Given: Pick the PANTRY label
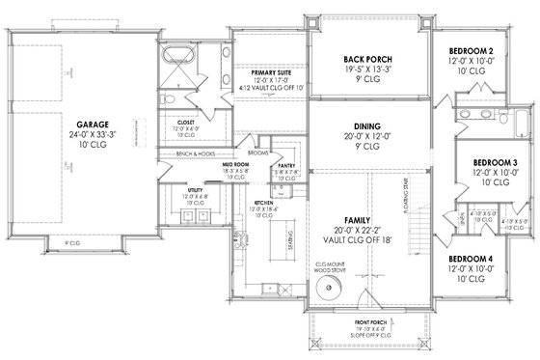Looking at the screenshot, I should click(284, 166).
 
